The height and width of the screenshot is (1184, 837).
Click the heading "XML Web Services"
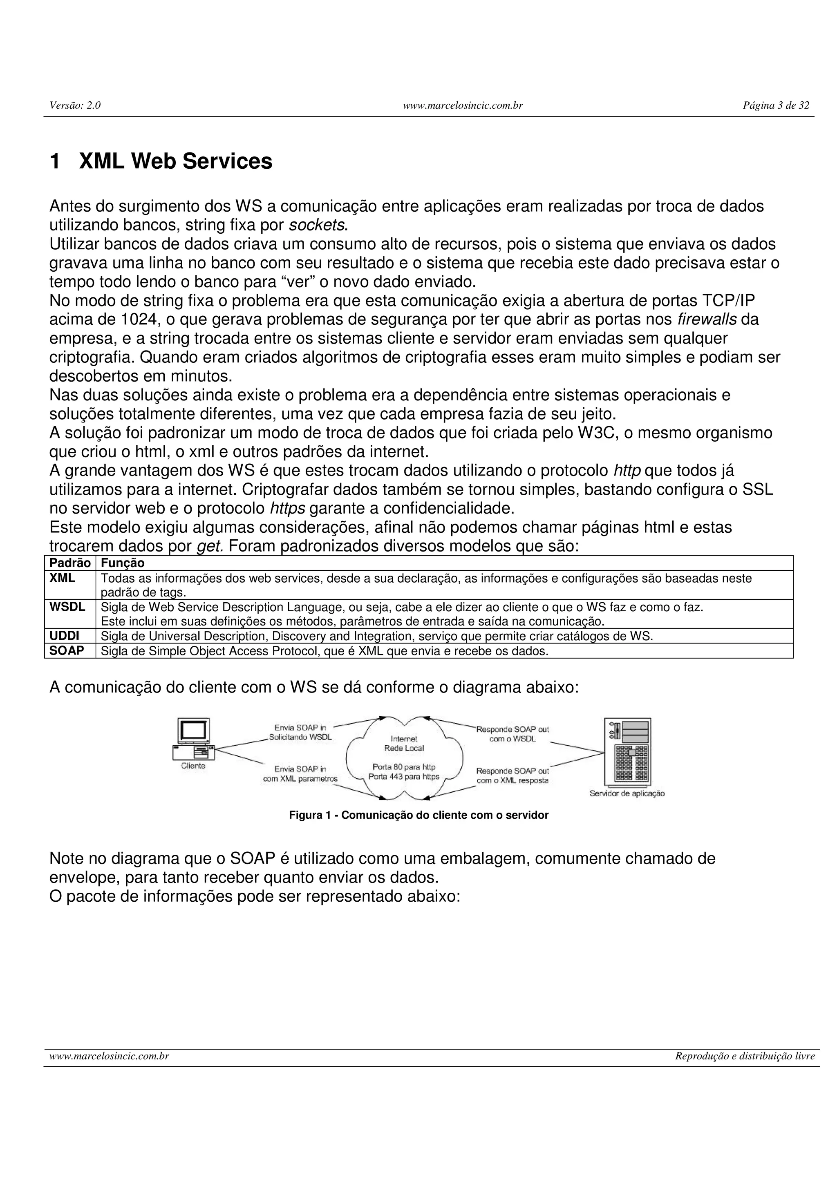[x=175, y=161]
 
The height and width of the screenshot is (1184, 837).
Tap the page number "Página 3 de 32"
[x=776, y=106]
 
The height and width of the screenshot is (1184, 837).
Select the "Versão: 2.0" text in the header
[x=75, y=106]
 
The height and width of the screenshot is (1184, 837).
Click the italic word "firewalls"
[x=707, y=320]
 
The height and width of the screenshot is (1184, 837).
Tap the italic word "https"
[x=287, y=509]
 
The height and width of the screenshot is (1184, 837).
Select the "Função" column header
[x=122, y=563]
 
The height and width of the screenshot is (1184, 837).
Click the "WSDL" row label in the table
[x=67, y=607]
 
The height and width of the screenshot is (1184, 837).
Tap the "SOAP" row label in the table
[x=67, y=651]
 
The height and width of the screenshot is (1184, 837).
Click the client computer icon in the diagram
[x=193, y=738]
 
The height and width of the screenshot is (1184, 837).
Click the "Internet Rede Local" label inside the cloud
[x=404, y=744]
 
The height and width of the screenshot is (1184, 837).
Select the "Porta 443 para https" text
[x=404, y=777]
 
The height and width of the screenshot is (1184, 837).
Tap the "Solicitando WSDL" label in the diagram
[x=300, y=737]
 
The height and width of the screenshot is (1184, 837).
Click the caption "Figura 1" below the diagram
[x=309, y=815]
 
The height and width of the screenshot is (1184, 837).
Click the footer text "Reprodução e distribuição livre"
[x=745, y=1057]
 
